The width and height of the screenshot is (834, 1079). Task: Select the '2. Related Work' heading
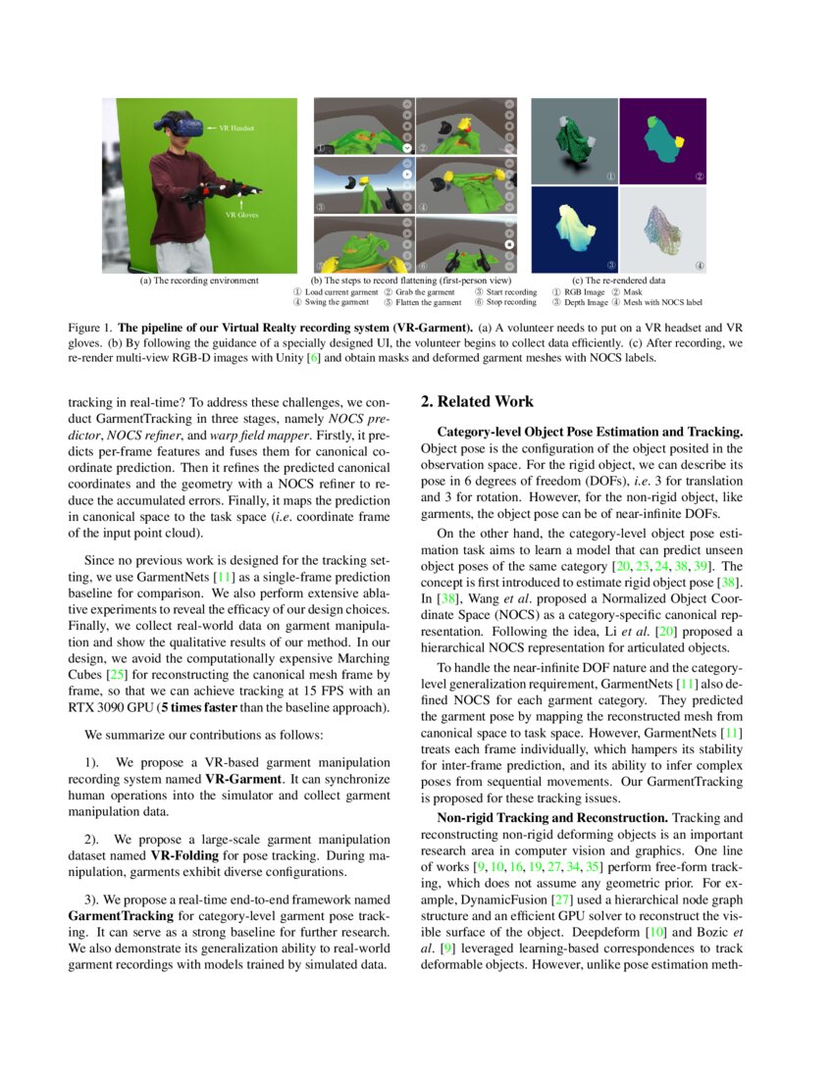pyautogui.click(x=477, y=401)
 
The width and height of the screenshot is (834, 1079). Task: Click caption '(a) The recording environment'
pyautogui.click(x=200, y=281)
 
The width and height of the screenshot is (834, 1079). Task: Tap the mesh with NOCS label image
pyautogui.click(x=664, y=230)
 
